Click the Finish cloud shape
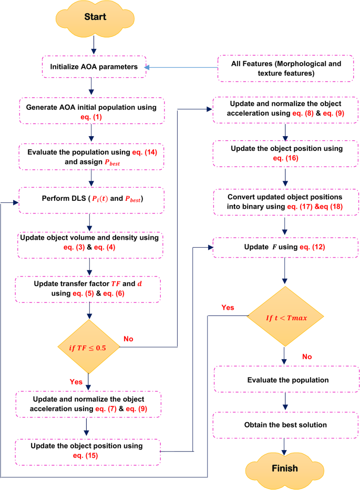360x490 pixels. [x=284, y=468]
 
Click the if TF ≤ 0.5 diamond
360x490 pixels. [x=89, y=346]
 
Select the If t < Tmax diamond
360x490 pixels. [x=284, y=316]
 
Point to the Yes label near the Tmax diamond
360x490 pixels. [x=229, y=307]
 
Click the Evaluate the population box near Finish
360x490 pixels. [x=284, y=380]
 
